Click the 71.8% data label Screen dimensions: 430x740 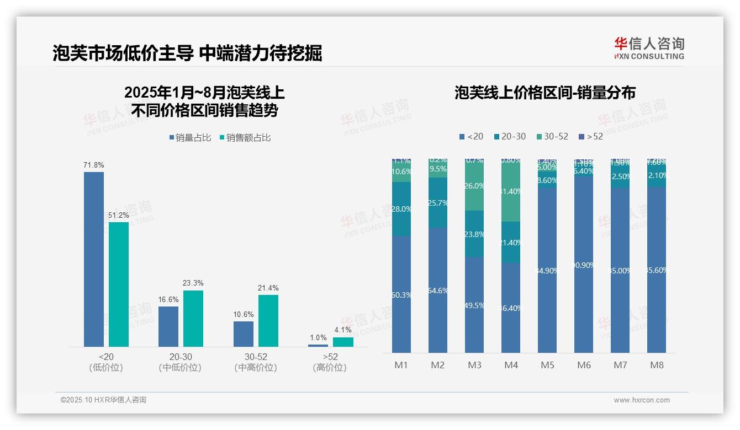(94, 165)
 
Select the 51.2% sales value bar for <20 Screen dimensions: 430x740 (119, 284)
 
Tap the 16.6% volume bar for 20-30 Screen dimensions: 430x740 (168, 326)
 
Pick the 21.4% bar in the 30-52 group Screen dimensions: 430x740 (268, 320)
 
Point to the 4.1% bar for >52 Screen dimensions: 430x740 (343, 342)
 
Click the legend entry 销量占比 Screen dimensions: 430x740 (190, 138)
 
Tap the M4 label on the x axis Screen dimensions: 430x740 (511, 365)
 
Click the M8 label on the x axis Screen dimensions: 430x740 (657, 365)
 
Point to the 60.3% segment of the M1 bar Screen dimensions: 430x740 (401, 294)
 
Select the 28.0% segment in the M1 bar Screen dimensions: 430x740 (401, 209)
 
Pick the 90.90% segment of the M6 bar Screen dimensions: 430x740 (584, 265)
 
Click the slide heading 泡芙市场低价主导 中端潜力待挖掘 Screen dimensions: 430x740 (187, 53)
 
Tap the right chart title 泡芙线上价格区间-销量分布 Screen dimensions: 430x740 (545, 93)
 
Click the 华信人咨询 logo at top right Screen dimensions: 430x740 (649, 48)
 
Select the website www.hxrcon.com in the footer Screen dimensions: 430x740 (642, 400)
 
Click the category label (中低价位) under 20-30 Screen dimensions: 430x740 (180, 368)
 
